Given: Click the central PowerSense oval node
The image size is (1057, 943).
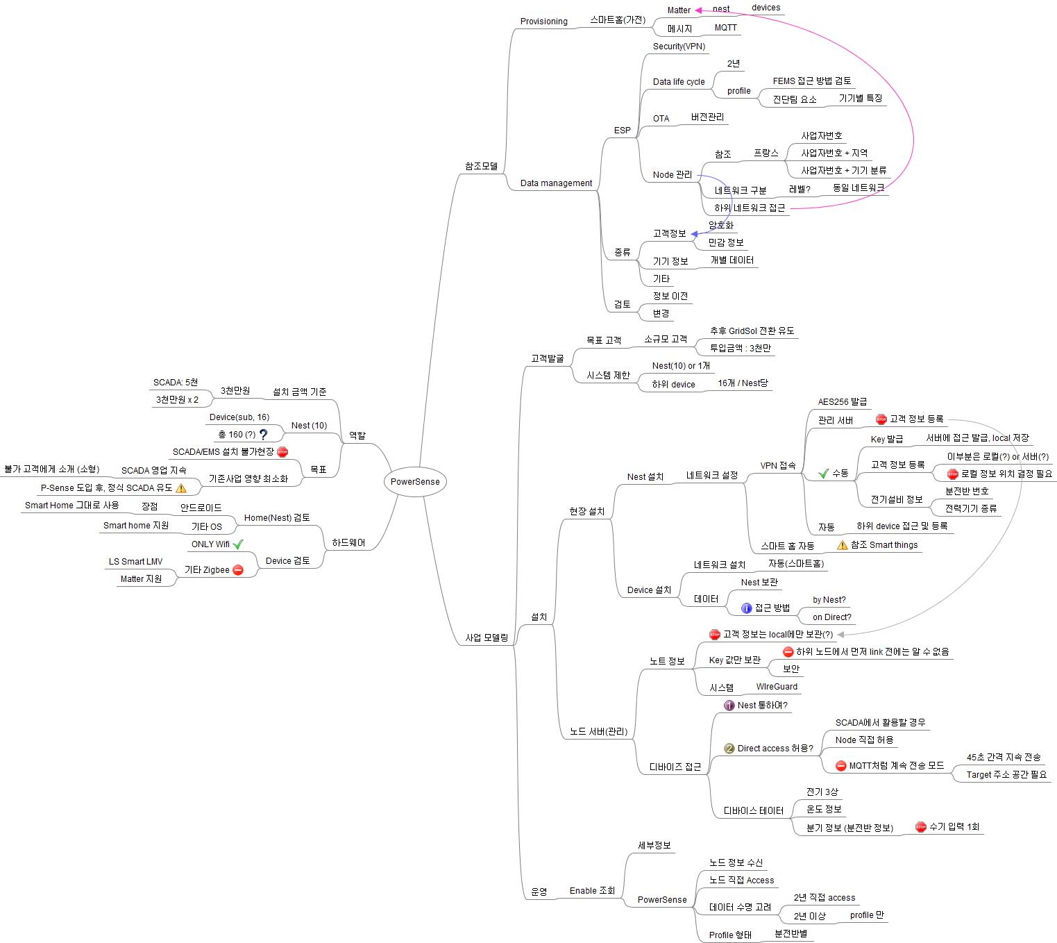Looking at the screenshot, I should (x=415, y=482).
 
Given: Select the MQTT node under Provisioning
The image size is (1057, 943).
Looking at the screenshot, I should (x=725, y=28).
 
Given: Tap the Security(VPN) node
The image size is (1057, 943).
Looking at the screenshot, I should (x=679, y=47).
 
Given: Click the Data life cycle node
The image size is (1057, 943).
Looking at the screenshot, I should (x=678, y=82).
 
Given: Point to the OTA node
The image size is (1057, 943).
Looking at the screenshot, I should (x=661, y=119).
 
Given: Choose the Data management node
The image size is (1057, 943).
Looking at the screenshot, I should (x=556, y=183).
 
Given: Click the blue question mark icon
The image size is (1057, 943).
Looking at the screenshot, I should (x=264, y=435).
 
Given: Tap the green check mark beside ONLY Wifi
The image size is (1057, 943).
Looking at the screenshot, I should (x=238, y=544).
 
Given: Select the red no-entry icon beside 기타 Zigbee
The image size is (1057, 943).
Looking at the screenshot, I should (x=238, y=570).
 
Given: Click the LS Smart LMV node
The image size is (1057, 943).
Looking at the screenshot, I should (x=135, y=562).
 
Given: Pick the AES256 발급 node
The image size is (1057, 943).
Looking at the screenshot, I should (x=842, y=402).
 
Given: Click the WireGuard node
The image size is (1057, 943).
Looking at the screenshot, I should (x=777, y=687).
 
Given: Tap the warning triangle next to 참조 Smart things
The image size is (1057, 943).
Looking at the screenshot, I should (x=843, y=545).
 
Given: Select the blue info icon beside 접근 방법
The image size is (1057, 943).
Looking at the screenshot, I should (x=747, y=608).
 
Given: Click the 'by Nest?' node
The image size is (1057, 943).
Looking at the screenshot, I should (x=829, y=600).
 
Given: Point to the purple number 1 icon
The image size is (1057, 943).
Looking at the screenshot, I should (x=729, y=706).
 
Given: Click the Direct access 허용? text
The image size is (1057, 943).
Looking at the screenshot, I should (x=775, y=749).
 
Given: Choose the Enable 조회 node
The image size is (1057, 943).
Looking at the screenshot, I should (x=592, y=891).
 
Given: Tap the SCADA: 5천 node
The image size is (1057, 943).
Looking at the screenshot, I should (x=176, y=383).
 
